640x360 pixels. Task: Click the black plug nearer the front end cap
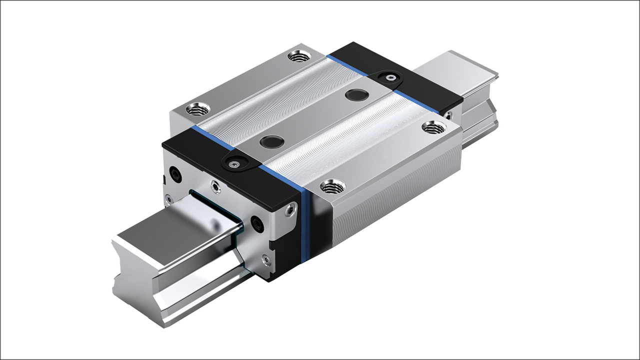coord(270,141)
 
